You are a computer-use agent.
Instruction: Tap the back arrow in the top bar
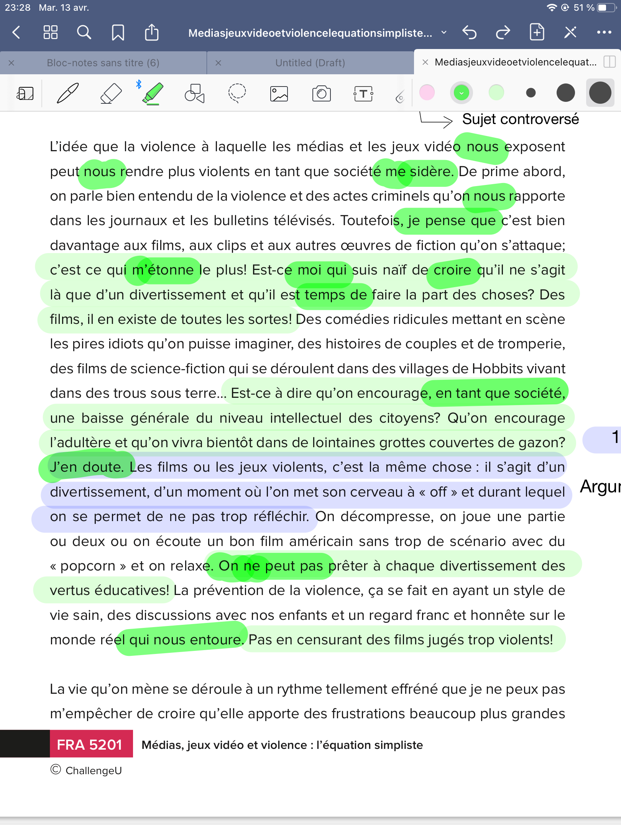(x=16, y=33)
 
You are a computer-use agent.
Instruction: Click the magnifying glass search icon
(x=84, y=33)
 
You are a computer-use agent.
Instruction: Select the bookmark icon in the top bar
(x=118, y=33)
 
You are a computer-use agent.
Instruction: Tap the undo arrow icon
(x=469, y=33)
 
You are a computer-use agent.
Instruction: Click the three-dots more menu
(x=604, y=33)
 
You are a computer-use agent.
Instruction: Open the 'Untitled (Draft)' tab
(x=310, y=63)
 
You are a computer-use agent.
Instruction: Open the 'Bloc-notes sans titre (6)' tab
(x=103, y=63)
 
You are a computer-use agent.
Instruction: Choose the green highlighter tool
(x=153, y=93)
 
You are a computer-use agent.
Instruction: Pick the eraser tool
(x=111, y=93)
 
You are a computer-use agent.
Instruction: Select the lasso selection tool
(x=237, y=93)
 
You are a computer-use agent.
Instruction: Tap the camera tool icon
(x=321, y=93)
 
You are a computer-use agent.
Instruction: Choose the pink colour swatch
(x=427, y=93)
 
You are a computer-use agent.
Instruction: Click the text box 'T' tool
(x=363, y=93)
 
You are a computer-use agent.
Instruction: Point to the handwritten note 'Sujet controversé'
(x=520, y=119)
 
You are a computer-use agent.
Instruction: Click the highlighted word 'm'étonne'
(x=163, y=270)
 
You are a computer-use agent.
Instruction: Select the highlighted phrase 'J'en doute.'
(x=87, y=467)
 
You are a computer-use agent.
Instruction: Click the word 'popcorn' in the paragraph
(x=88, y=566)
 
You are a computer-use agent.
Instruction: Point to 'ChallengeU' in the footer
(x=94, y=770)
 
